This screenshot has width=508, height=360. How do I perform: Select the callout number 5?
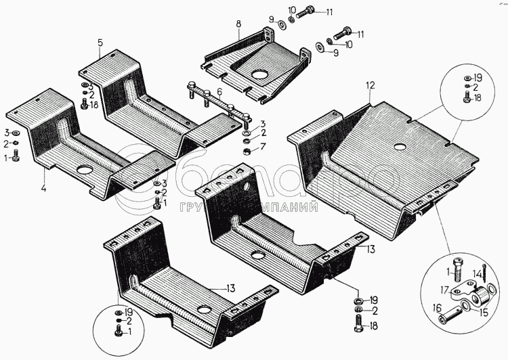100,43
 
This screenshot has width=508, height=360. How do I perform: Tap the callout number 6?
219,91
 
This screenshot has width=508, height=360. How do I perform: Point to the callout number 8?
238,25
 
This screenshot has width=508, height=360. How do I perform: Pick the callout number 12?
370,85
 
